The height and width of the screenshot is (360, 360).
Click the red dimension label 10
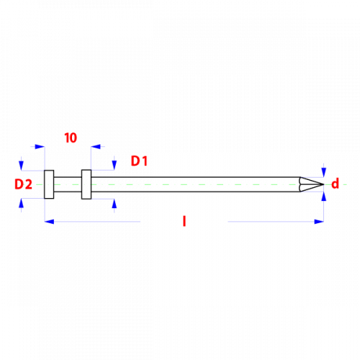(71, 138)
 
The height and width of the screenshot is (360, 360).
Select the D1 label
(139, 161)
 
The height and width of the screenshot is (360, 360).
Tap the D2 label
(23, 184)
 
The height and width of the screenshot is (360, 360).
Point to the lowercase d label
(336, 184)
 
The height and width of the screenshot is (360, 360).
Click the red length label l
(184, 221)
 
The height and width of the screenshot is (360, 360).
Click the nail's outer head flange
(49, 184)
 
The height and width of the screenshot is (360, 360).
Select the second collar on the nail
(86, 184)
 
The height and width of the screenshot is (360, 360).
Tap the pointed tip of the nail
(324, 184)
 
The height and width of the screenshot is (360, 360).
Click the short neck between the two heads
(68, 184)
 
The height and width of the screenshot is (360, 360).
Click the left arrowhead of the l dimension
(49, 222)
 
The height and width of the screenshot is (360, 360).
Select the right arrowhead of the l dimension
(319, 222)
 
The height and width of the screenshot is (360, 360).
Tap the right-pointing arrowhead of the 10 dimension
(40, 146)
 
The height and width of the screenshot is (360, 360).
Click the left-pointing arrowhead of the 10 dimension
(96, 146)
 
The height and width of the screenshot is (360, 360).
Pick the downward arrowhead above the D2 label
(22, 166)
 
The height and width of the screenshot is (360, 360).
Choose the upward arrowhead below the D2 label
(22, 204)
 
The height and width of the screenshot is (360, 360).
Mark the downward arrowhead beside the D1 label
(114, 165)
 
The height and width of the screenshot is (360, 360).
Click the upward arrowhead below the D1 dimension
(114, 204)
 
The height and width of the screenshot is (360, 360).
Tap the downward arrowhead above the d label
(324, 173)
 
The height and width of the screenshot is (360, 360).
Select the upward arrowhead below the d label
(324, 197)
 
